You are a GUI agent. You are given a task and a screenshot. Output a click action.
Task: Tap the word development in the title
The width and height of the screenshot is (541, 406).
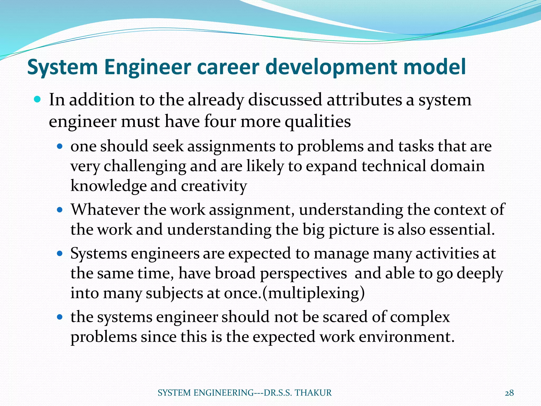coord(332,67)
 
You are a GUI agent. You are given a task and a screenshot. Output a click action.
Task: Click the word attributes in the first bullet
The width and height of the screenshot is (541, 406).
coord(365,100)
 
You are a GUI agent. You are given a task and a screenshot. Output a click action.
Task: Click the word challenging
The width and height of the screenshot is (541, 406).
coord(145,167)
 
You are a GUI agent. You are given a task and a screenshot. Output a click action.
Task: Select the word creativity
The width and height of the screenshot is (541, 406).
coord(214,186)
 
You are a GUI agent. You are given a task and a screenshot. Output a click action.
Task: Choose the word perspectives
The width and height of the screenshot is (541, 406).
coord(303,273)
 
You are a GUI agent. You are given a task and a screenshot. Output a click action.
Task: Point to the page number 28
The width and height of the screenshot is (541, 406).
coord(509,393)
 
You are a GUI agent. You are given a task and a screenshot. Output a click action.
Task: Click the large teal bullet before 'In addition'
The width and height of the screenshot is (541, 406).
coord(38,100)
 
